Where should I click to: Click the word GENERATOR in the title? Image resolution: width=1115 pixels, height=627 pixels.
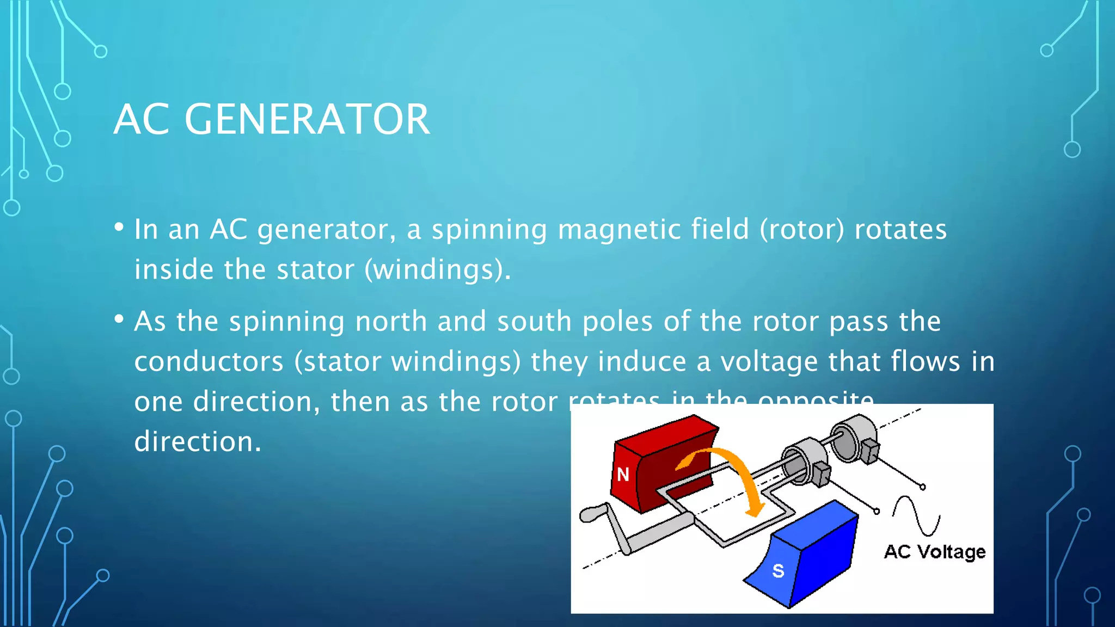308,119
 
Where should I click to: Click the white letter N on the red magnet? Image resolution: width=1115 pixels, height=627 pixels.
623,475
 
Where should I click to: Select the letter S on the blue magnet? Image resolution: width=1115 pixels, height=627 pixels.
778,571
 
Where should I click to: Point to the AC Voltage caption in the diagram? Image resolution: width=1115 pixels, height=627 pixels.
934,552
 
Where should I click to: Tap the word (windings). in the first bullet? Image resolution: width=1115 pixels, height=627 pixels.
438,270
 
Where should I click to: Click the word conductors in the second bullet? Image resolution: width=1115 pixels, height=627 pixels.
209,361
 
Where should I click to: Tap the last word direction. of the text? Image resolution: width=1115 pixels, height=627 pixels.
198,441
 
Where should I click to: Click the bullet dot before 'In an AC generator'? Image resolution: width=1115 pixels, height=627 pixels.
119,228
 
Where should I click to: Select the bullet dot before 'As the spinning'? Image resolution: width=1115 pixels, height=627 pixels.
119,319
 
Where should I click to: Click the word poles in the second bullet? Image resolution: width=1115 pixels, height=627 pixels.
617,321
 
